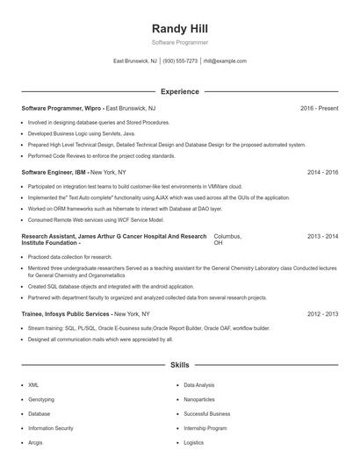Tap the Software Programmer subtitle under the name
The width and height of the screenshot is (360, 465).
click(179, 42)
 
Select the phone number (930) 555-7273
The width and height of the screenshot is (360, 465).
click(180, 61)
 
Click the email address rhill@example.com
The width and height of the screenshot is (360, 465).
click(225, 61)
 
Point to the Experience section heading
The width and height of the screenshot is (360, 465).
click(179, 91)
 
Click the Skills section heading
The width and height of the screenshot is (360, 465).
click(179, 363)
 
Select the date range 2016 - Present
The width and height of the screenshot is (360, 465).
click(319, 108)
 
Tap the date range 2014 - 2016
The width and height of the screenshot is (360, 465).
click(322, 173)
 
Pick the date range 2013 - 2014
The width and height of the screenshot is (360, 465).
click(322, 237)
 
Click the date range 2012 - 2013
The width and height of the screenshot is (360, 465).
click(322, 313)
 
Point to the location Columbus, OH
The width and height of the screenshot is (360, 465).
click(227, 240)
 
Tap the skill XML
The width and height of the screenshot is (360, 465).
click(33, 384)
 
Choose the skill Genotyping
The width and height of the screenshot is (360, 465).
click(40, 399)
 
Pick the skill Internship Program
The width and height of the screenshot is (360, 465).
click(205, 428)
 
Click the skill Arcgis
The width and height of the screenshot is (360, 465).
click(36, 443)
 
